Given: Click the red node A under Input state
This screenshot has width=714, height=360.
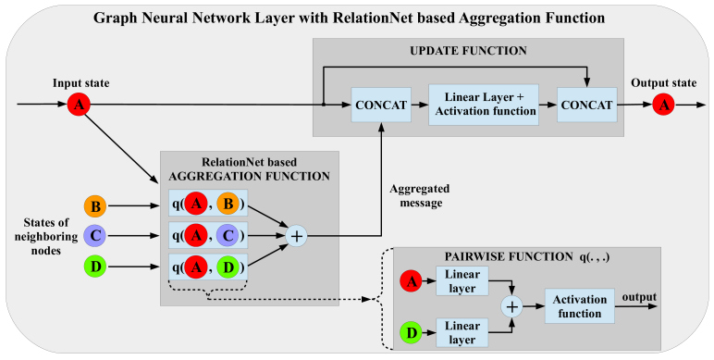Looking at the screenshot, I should pos(80,105).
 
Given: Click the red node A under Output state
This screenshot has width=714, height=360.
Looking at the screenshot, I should pos(661,105).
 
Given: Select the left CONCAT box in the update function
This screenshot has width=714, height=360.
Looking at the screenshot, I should pos(382,105).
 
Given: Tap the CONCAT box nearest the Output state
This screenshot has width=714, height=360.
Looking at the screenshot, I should pos(585,105).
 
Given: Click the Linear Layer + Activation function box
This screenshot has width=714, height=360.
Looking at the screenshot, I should pos(483,105).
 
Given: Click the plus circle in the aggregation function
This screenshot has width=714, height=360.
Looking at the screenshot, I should pos(296,237).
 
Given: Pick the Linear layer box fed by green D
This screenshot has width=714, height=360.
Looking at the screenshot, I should pos(462,330).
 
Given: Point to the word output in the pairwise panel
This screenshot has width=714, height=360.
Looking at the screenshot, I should pos(639,296).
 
